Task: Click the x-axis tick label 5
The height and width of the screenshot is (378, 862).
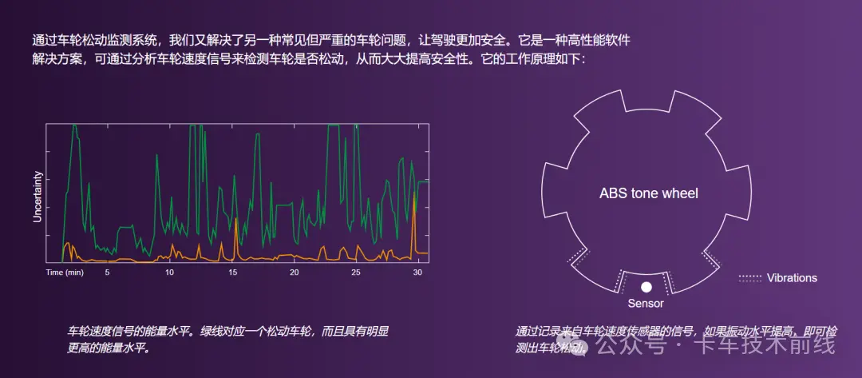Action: (107, 273)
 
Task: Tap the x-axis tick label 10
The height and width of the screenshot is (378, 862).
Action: (169, 273)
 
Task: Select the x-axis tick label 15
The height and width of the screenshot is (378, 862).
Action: (232, 273)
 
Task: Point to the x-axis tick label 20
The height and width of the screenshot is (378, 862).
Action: (295, 273)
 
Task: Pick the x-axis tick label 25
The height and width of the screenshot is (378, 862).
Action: (357, 273)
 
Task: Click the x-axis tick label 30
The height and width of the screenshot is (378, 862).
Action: (418, 273)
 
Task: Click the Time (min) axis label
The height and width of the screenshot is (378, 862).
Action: (65, 273)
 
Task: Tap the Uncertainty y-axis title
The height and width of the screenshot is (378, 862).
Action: (37, 195)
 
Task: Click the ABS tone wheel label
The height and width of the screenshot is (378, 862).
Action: (648, 193)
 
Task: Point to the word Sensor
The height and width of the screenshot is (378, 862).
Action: (646, 304)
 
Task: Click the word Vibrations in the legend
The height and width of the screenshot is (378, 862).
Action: (792, 278)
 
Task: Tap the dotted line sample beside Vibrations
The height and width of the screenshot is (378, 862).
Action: (749, 278)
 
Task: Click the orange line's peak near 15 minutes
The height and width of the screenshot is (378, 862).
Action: (235, 220)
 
